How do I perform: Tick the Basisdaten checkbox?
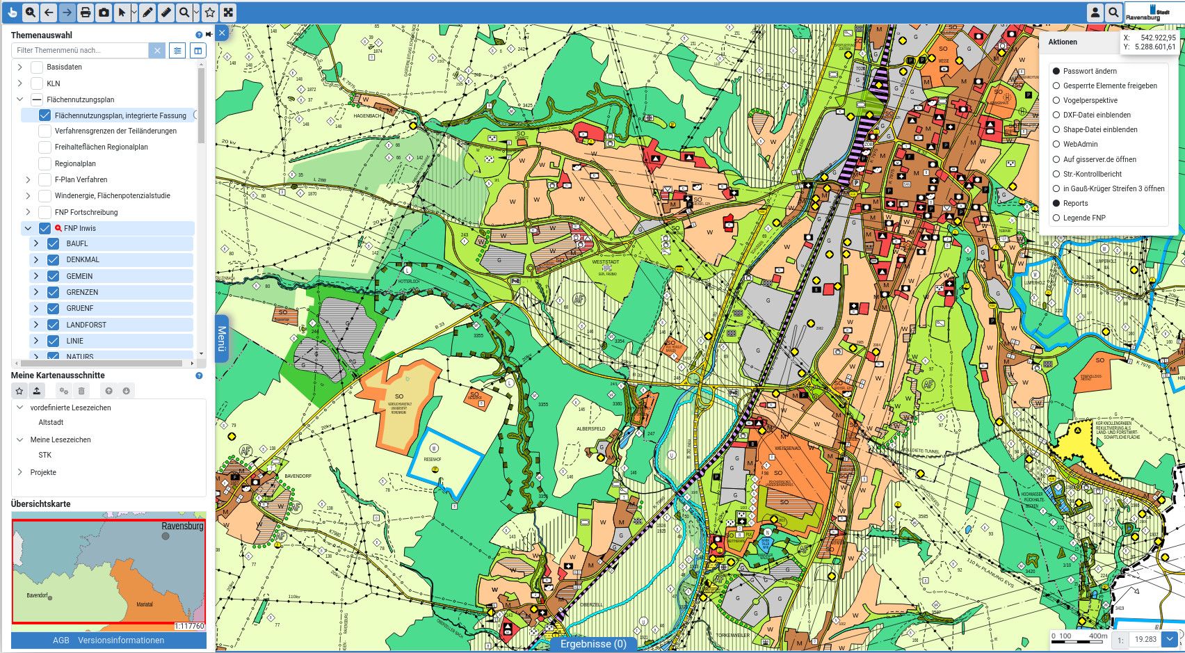pyautogui.click(x=37, y=67)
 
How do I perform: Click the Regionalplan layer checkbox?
pyautogui.click(x=45, y=163)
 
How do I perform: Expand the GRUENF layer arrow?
pyautogui.click(x=35, y=308)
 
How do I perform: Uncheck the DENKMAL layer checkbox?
pyautogui.click(x=53, y=259)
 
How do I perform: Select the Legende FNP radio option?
pyautogui.click(x=1056, y=218)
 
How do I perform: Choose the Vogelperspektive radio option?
pyautogui.click(x=1056, y=100)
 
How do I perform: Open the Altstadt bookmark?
pyautogui.click(x=51, y=422)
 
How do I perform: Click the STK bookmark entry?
pyautogui.click(x=45, y=455)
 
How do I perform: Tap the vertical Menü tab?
pyautogui.click(x=221, y=339)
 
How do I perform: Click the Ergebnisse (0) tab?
pyautogui.click(x=593, y=644)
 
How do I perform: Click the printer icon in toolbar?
pyautogui.click(x=85, y=12)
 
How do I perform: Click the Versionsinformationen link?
pyautogui.click(x=121, y=640)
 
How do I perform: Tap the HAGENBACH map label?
pyautogui.click(x=367, y=116)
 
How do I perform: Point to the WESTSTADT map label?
pyautogui.click(x=605, y=262)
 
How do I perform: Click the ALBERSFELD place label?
pyautogui.click(x=590, y=429)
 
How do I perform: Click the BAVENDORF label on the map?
pyautogui.click(x=298, y=476)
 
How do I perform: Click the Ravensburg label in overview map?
pyautogui.click(x=182, y=526)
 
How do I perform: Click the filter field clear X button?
pyautogui.click(x=158, y=50)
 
